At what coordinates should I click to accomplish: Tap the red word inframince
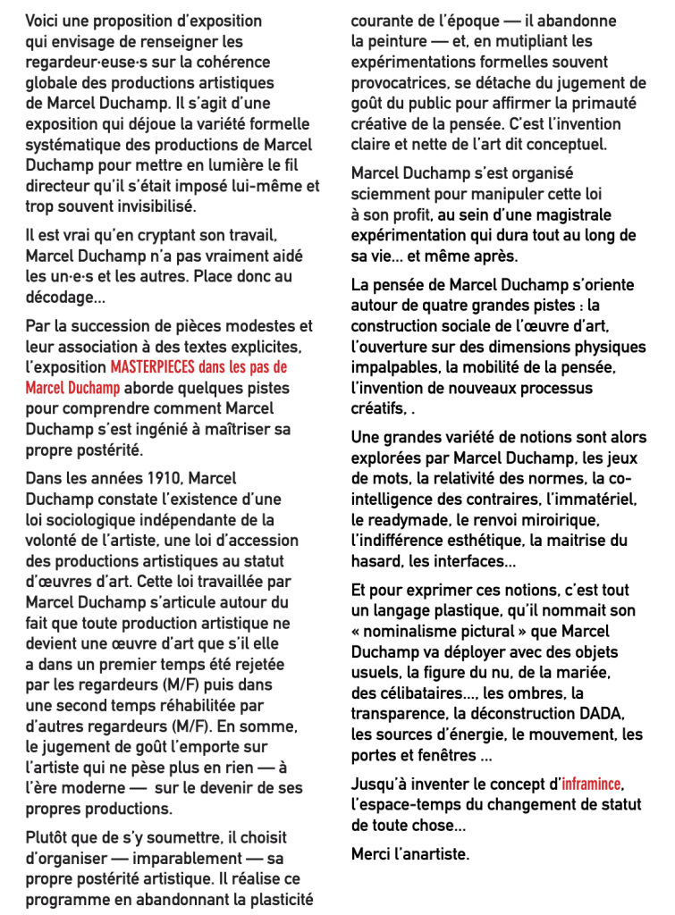click(x=590, y=785)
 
